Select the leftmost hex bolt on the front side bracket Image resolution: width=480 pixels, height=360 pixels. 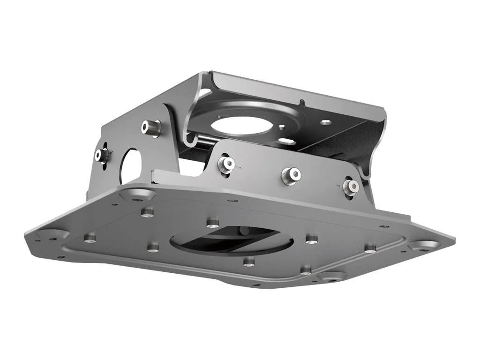tap(227, 164)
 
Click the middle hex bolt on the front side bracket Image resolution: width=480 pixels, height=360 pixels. tap(291, 175)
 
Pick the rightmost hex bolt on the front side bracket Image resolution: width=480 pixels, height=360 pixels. tap(351, 187)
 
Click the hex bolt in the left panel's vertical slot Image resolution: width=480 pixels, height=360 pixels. tap(102, 156)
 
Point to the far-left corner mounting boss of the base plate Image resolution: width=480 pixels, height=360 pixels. tap(52, 234)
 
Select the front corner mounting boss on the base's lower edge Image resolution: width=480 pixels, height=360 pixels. tap(332, 276)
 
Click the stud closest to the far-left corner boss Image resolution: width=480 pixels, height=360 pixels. tap(90, 239)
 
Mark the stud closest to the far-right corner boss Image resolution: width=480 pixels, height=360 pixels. tap(370, 247)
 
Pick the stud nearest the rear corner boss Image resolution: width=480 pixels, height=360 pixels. tap(148, 212)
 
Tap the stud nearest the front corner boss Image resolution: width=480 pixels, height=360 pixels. tap(306, 270)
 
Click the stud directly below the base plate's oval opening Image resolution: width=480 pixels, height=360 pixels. tap(249, 262)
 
